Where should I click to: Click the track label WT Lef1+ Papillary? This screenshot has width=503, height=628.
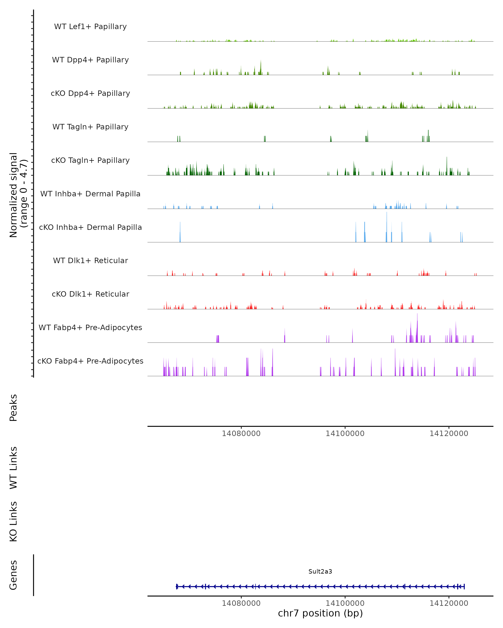[x=90, y=27]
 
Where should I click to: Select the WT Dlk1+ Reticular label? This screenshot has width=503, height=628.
[x=90, y=260]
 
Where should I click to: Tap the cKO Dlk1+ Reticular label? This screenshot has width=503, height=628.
[x=90, y=294]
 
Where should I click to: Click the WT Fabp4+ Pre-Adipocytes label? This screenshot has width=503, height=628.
[x=90, y=327]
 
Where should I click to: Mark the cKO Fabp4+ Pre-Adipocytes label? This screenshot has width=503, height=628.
[x=90, y=361]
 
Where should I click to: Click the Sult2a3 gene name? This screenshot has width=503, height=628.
[x=320, y=571]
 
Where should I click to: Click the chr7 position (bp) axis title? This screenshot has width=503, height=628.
[x=320, y=613]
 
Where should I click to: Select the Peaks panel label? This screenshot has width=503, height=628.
[x=13, y=408]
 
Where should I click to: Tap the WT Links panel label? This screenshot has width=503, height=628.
[x=13, y=467]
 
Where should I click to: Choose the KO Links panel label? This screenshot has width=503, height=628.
[x=13, y=521]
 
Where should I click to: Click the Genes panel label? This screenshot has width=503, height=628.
[x=13, y=575]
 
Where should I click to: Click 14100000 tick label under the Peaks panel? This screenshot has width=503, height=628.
[x=345, y=434]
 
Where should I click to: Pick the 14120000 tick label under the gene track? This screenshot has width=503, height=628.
[x=449, y=603]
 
